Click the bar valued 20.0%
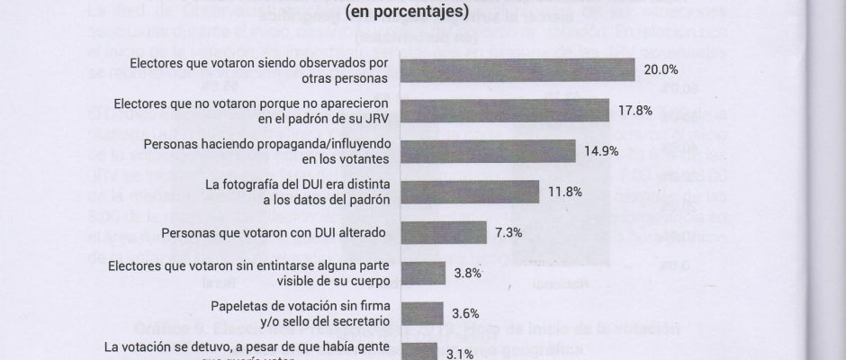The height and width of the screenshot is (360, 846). [517, 70]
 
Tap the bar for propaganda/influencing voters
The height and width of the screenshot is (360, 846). [487, 151]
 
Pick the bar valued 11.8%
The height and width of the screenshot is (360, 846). [468, 192]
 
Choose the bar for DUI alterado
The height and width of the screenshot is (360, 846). [442, 232]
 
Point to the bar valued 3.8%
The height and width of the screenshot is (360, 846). [422, 273]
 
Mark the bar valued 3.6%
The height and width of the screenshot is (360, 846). [421, 313]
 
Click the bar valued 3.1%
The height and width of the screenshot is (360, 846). [418, 352]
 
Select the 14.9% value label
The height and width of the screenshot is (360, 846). [601, 151]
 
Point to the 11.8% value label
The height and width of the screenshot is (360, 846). [564, 192]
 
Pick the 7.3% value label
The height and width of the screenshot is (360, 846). [509, 232]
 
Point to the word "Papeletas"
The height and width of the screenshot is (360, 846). [241, 306]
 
